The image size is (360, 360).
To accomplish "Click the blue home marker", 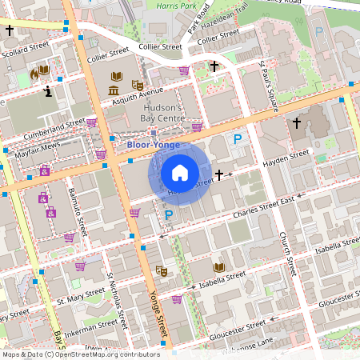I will tap(180, 173).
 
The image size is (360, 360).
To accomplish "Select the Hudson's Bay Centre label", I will tap(163, 113).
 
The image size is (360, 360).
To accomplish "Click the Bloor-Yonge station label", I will tap(154, 145).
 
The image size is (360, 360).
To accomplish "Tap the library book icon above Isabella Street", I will tap(218, 266).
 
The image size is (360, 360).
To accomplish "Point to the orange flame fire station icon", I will tap(34, 73).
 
